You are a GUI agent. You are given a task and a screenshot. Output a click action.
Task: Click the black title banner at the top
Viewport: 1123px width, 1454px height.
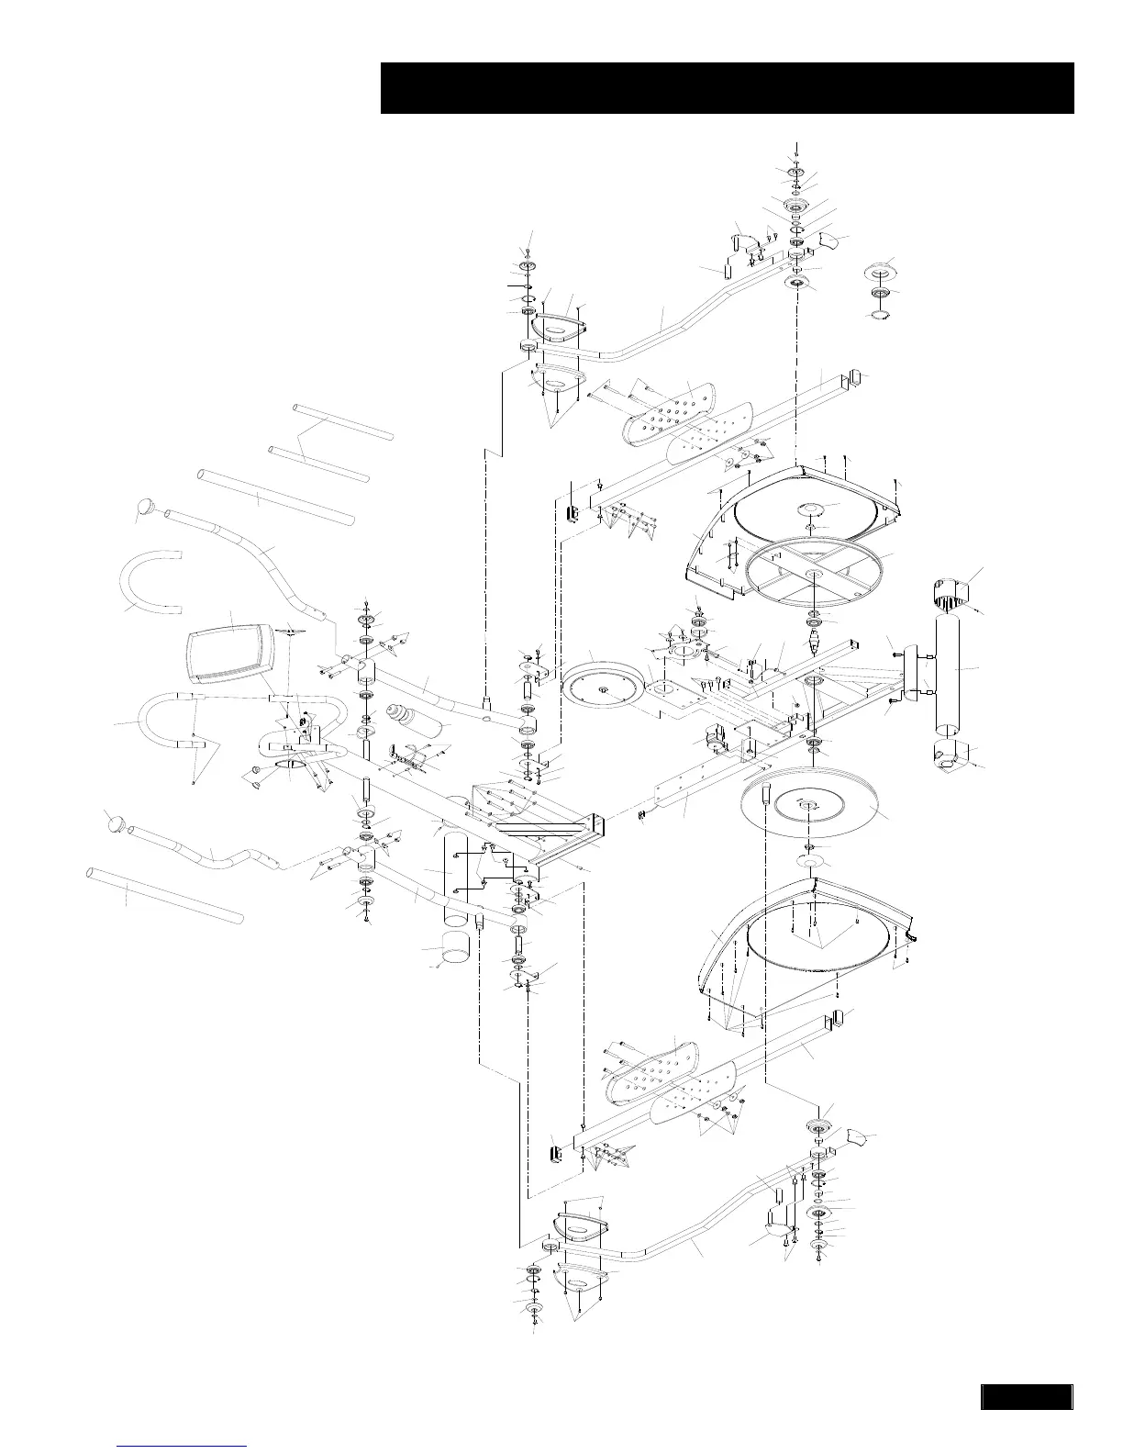tap(727, 88)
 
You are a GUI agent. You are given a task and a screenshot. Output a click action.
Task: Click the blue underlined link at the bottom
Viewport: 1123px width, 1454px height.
tap(183, 1446)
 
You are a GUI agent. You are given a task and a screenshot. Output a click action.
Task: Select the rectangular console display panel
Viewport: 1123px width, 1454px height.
tap(232, 651)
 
